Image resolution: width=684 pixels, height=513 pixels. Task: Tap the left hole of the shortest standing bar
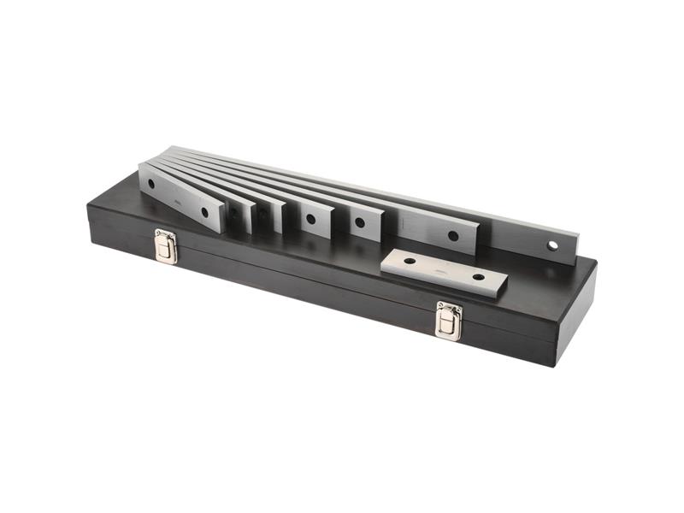[151, 183]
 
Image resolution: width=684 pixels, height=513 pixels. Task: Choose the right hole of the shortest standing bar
[203, 210]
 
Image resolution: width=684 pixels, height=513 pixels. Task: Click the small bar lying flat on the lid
[444, 272]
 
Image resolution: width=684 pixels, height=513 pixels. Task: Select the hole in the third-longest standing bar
[360, 223]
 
